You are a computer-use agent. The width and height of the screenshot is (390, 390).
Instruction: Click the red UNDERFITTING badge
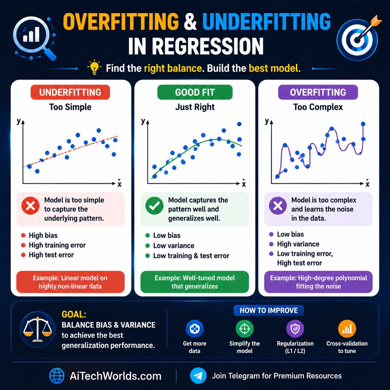70,92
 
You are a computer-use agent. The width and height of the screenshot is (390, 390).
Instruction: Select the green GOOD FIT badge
195,92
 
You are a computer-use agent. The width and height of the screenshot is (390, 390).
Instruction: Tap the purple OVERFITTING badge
318,92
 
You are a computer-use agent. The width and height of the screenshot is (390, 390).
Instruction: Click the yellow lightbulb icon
94,68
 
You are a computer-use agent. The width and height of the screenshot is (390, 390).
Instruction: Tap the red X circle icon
30,206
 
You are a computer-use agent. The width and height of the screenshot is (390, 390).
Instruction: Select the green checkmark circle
154,206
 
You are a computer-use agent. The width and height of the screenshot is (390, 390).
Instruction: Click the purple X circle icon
278,206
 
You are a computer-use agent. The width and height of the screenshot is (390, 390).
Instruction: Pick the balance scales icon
38,330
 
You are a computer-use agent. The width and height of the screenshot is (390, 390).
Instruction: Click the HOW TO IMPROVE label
269,310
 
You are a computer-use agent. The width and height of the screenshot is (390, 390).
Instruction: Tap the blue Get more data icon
195,329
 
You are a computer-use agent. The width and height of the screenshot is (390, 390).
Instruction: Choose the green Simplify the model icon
244,329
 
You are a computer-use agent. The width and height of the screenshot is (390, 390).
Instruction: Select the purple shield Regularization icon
295,329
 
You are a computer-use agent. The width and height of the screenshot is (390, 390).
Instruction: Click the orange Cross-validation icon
347,329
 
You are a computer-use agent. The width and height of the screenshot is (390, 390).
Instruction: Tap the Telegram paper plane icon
198,376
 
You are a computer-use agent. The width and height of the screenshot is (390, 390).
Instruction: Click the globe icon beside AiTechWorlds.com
57,376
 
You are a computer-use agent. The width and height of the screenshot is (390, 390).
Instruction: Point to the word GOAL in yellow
74,315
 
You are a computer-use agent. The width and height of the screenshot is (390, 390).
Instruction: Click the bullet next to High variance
271,244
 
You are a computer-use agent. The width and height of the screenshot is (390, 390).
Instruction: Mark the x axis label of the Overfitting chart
367,184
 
